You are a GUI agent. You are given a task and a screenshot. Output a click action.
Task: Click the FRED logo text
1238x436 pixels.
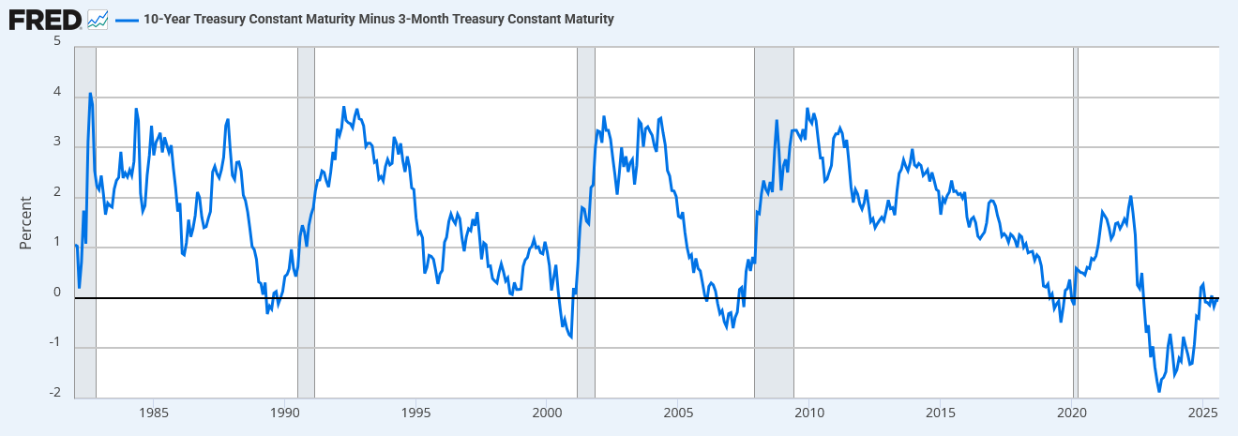[x=45, y=18]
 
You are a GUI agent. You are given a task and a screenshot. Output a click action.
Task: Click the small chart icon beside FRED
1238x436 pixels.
[x=98, y=18]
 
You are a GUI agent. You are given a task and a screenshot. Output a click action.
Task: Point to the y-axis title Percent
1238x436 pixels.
[x=26, y=222]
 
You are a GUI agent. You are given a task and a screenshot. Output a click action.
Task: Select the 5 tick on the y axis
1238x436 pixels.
[x=57, y=42]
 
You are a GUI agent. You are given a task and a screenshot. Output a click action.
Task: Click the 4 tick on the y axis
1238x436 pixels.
[x=57, y=93]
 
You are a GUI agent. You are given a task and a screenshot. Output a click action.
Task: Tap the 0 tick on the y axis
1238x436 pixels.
[x=57, y=293]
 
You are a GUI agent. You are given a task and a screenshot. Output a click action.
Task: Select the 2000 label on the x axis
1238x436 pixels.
[x=547, y=413]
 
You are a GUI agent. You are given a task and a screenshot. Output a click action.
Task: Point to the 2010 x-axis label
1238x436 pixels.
[x=809, y=413]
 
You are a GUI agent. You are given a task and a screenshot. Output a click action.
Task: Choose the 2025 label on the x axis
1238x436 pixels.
[x=1202, y=413]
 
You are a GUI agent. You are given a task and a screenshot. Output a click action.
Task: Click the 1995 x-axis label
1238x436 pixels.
[x=416, y=413]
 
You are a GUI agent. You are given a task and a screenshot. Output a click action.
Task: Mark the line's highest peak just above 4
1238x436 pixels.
[x=90, y=94]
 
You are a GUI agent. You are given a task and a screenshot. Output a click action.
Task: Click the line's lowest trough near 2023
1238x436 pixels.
[x=1159, y=390]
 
